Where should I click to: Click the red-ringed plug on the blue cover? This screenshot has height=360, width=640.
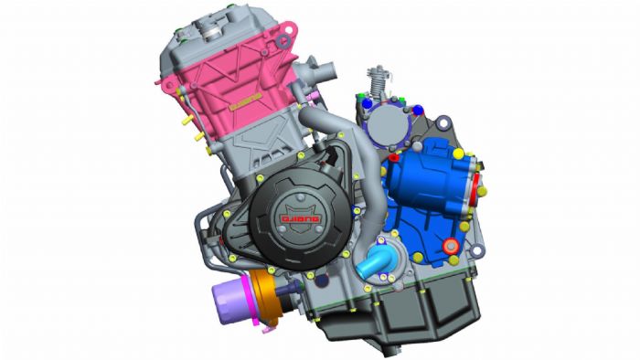coord(449,246)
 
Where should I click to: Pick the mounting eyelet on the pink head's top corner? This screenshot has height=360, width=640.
coord(286,40)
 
